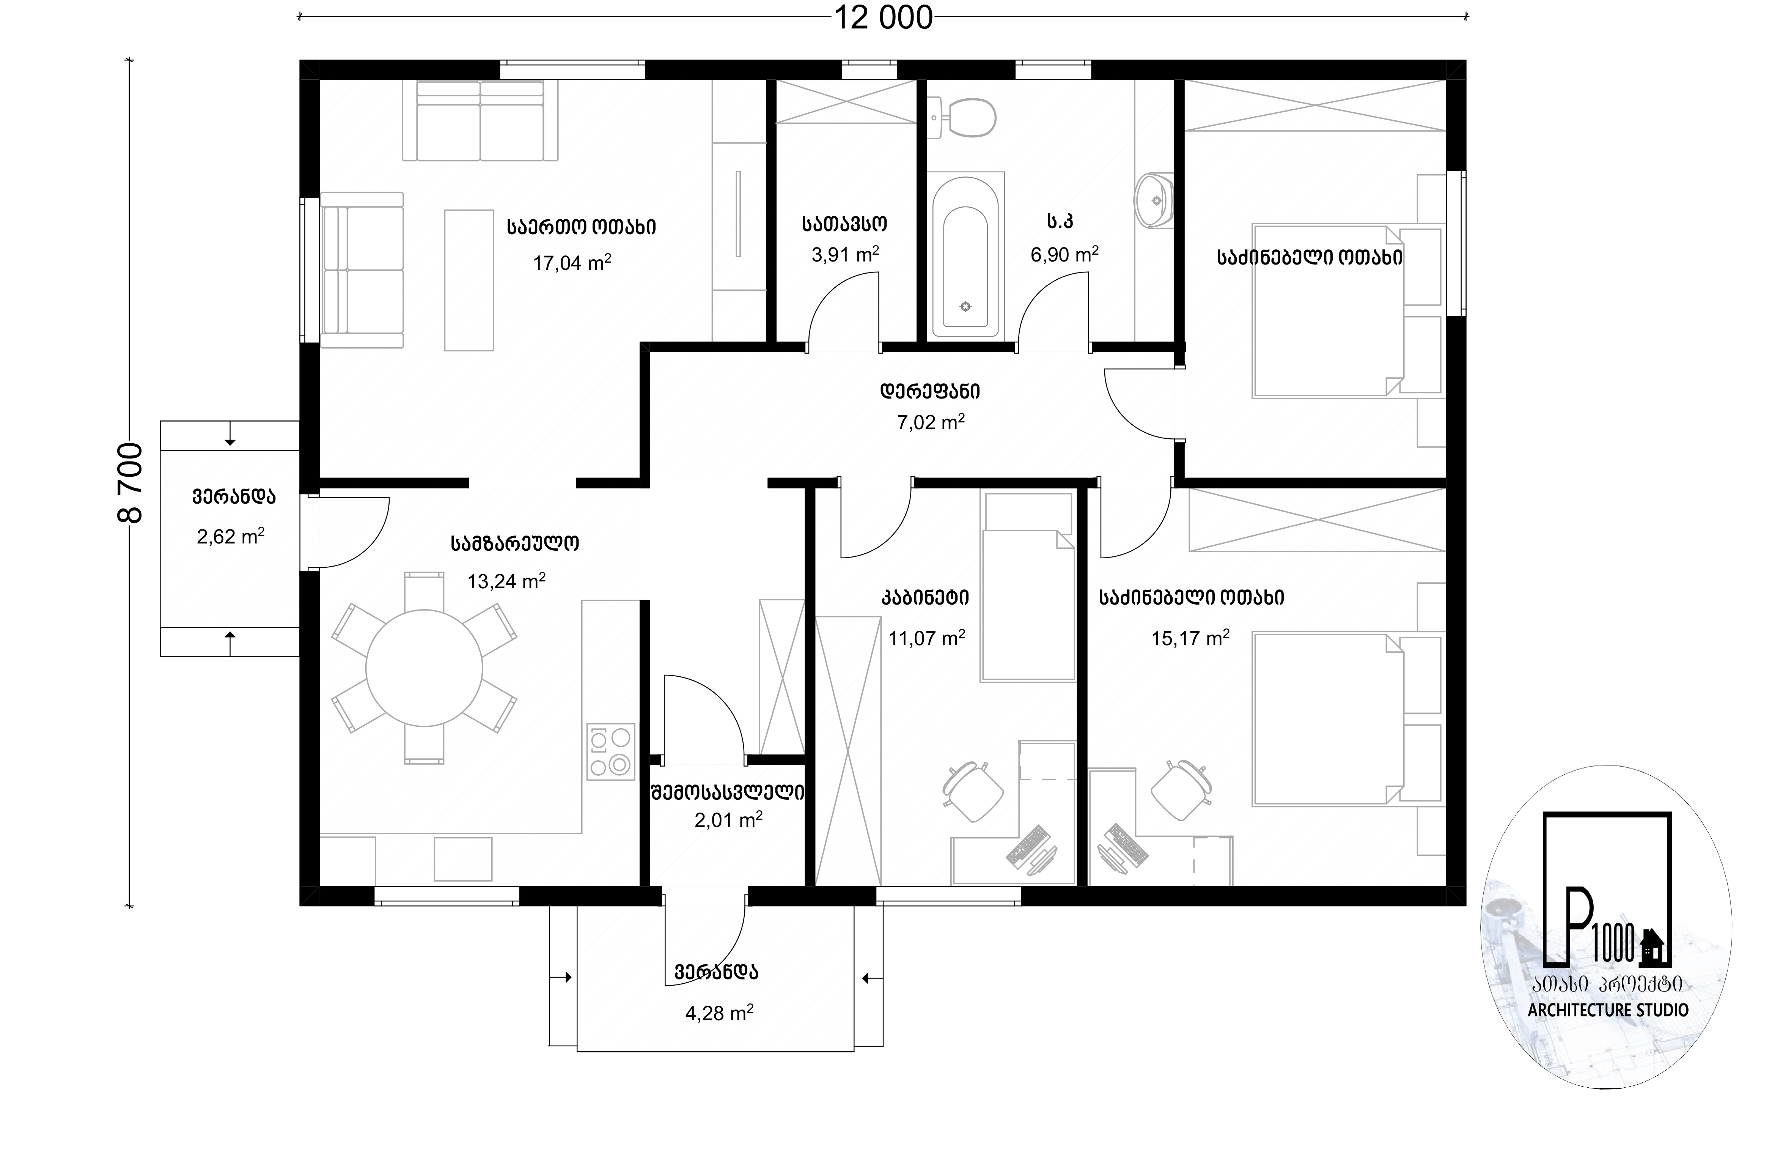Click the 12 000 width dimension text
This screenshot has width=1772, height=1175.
(884, 18)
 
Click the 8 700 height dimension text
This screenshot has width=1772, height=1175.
(131, 484)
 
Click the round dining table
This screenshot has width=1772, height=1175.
(424, 668)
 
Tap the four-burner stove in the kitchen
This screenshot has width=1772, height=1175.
(610, 751)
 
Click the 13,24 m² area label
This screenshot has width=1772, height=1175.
(506, 581)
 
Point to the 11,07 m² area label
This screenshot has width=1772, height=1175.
(926, 638)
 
